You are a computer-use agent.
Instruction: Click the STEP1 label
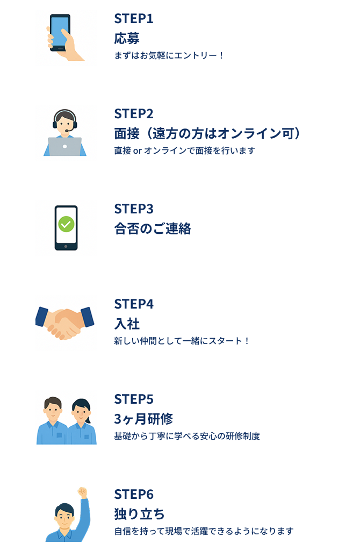point(134,19)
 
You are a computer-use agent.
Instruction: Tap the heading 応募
point(127,38)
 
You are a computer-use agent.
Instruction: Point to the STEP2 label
point(134,114)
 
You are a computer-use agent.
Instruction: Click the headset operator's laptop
point(64,146)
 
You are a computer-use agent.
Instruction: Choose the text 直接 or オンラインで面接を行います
point(184,151)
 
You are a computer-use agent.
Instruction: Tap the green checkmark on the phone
point(66,224)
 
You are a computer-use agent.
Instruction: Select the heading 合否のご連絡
point(153,228)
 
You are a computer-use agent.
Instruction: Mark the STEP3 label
point(134,209)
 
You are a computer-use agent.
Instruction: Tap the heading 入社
point(127,324)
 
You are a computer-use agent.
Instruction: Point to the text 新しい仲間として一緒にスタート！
point(182,341)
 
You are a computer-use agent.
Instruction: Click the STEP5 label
point(134,399)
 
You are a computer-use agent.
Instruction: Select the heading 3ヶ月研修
point(143,419)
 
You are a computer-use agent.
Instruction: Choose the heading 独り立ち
point(140,514)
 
